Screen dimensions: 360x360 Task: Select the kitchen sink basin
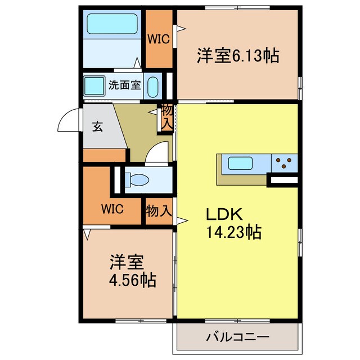pos(240,164)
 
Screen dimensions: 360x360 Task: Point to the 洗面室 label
pos(124,86)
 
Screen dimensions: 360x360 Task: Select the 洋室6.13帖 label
pos(238,56)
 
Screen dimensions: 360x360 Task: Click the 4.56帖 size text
pos(133,278)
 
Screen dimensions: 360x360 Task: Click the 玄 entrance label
pos(98,127)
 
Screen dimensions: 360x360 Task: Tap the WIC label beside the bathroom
pos(158,39)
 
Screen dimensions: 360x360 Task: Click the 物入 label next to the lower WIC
pos(158,211)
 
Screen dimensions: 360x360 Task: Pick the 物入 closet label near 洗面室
pos(167,116)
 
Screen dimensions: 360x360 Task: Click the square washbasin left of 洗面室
pos(93,86)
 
